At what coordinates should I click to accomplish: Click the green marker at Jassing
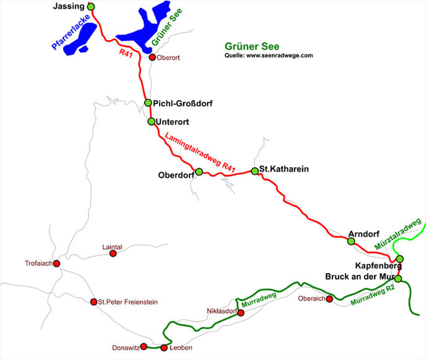pyautogui.click(x=91, y=7)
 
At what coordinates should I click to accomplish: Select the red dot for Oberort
pyautogui.click(x=152, y=57)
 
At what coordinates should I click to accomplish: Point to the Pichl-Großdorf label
pyautogui.click(x=182, y=103)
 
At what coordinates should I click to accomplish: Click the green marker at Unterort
pyautogui.click(x=151, y=121)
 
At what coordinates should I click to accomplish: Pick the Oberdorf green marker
pyautogui.click(x=199, y=172)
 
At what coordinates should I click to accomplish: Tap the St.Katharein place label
pyautogui.click(x=283, y=169)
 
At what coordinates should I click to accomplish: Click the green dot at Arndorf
pyautogui.click(x=351, y=241)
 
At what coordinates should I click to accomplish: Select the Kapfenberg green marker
pyautogui.click(x=399, y=258)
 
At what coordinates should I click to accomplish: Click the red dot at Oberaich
pyautogui.click(x=329, y=299)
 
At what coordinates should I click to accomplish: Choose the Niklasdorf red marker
pyautogui.click(x=241, y=312)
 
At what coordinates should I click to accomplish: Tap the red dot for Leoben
pyautogui.click(x=164, y=348)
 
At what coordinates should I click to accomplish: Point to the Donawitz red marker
pyautogui.click(x=144, y=346)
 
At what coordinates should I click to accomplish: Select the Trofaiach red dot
pyautogui.click(x=56, y=263)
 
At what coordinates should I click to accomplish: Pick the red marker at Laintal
pyautogui.click(x=113, y=253)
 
